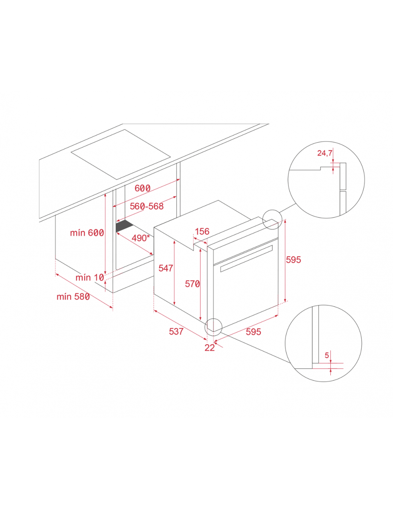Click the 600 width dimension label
[143, 188]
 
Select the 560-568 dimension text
[146, 206]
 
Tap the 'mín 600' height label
[87, 233]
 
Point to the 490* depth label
[140, 238]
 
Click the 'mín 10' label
[90, 278]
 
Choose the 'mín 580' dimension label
[73, 297]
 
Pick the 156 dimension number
[202, 231]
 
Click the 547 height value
[166, 268]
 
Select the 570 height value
[192, 284]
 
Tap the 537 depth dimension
[176, 331]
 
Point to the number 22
[209, 348]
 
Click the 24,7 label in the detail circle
[325, 153]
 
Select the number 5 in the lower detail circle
[327, 355]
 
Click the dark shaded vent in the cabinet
[124, 225]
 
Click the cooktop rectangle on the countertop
[121, 155]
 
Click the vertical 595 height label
[293, 259]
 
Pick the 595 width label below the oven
[253, 332]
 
